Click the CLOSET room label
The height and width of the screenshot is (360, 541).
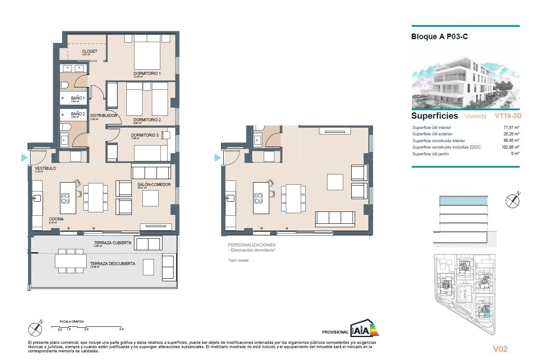(89, 51)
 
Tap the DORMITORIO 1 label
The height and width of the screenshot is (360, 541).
(147, 74)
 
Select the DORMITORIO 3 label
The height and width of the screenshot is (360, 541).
(145, 135)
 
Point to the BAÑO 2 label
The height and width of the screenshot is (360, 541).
(78, 114)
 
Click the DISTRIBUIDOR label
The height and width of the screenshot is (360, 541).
(103, 115)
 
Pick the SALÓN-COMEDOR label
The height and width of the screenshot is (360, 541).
(154, 185)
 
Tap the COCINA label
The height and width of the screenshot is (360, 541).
(56, 219)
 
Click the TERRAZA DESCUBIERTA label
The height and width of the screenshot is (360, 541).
(112, 264)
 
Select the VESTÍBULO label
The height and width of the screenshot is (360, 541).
(45, 169)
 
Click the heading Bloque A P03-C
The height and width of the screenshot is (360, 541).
(439, 37)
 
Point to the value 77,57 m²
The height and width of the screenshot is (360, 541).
(511, 127)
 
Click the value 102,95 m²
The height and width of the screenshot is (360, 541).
(510, 147)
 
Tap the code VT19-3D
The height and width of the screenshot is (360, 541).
(508, 116)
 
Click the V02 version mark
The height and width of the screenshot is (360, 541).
(500, 349)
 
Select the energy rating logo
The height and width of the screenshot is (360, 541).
(364, 329)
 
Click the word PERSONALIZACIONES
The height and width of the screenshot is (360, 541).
(252, 245)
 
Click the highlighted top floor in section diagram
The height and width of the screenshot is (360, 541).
(463, 201)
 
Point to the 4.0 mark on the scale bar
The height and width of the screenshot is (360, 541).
(121, 329)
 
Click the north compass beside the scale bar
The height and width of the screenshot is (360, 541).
(35, 329)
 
